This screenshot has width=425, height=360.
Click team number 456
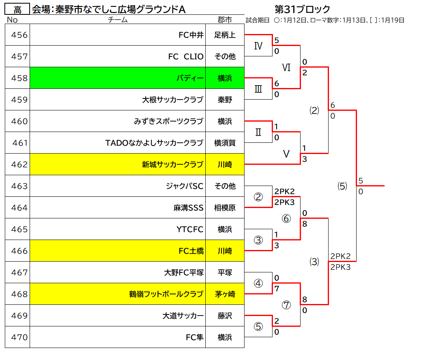pyautogui.click(x=19, y=35)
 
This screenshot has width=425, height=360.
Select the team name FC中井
pyautogui.click(x=191, y=35)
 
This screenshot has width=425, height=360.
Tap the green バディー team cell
pyautogui.click(x=118, y=78)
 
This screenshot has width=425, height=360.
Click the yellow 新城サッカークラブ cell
pyautogui.click(x=118, y=164)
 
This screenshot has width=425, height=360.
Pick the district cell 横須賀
pyautogui.click(x=225, y=143)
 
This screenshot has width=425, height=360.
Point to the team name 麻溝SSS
pyautogui.click(x=188, y=208)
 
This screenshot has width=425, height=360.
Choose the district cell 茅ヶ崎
pyautogui.click(x=225, y=294)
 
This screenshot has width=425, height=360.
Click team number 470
pyautogui.click(x=19, y=337)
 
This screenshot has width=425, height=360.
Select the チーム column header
pyautogui.click(x=118, y=20)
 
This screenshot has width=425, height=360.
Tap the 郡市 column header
pyautogui.click(x=225, y=20)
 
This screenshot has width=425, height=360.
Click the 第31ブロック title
pyautogui.click(x=302, y=9)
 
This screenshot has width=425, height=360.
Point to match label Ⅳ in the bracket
pyautogui.click(x=258, y=46)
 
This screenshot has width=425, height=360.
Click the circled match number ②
pyautogui.click(x=258, y=197)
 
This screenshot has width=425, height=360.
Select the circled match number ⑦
pyautogui.click(x=286, y=305)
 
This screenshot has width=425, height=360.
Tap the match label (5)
pyautogui.click(x=342, y=186)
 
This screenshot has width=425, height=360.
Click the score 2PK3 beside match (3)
pyautogui.click(x=341, y=267)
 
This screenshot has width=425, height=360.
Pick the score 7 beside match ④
pyautogui.click(x=277, y=289)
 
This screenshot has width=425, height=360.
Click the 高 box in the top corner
pyautogui.click(x=17, y=10)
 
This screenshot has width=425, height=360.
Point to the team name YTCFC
pyautogui.click(x=190, y=230)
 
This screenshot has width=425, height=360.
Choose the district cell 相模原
pyautogui.click(x=225, y=208)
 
